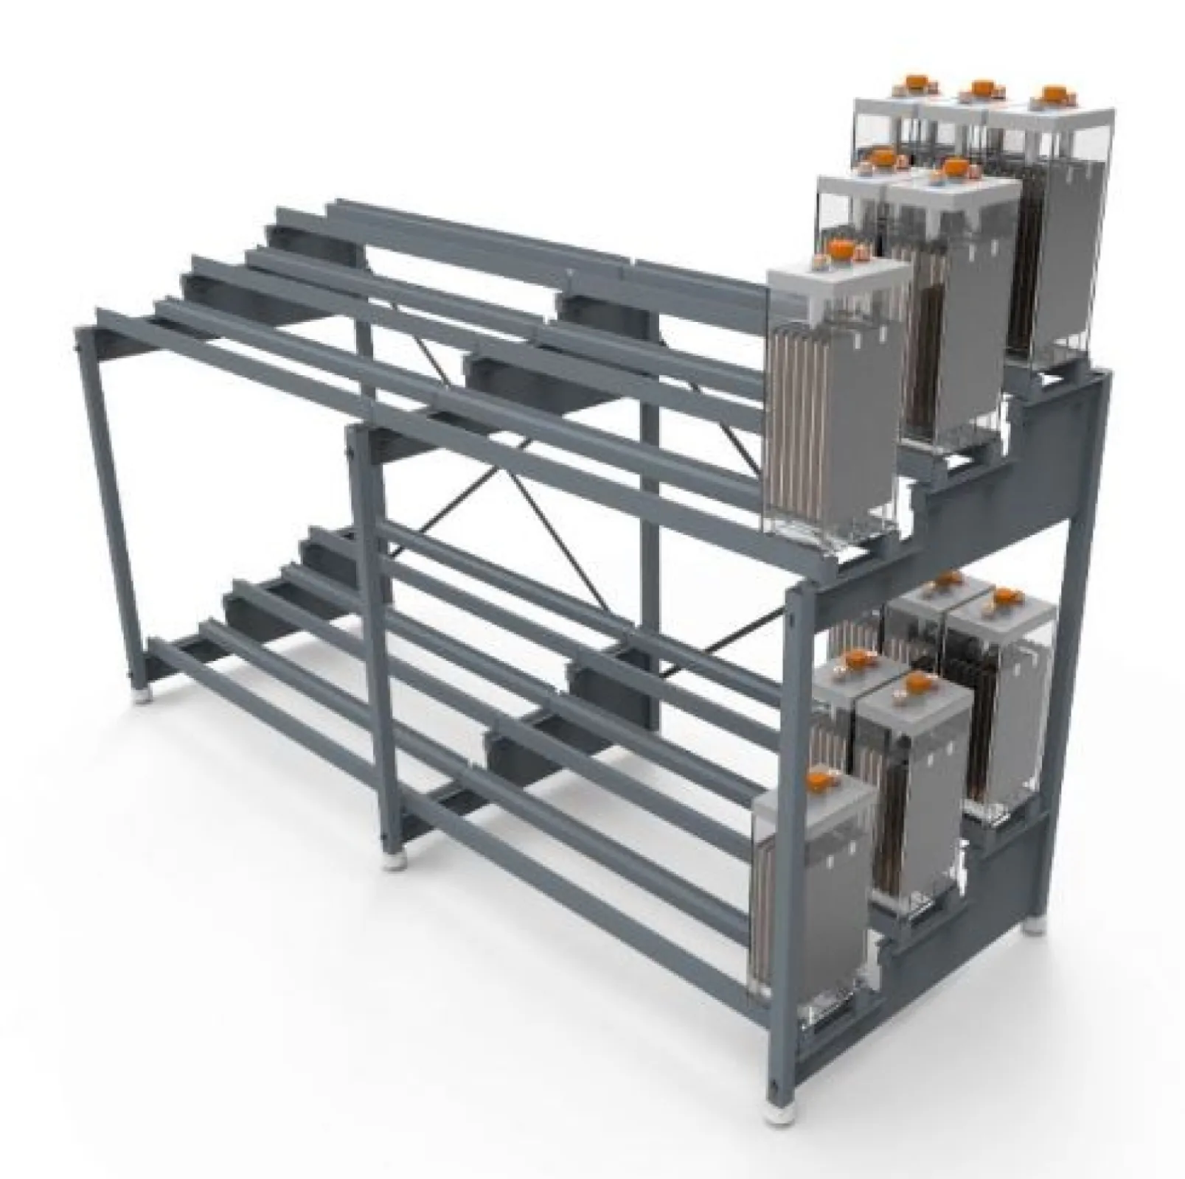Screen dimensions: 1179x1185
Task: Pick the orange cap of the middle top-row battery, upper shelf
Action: [x=979, y=88]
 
